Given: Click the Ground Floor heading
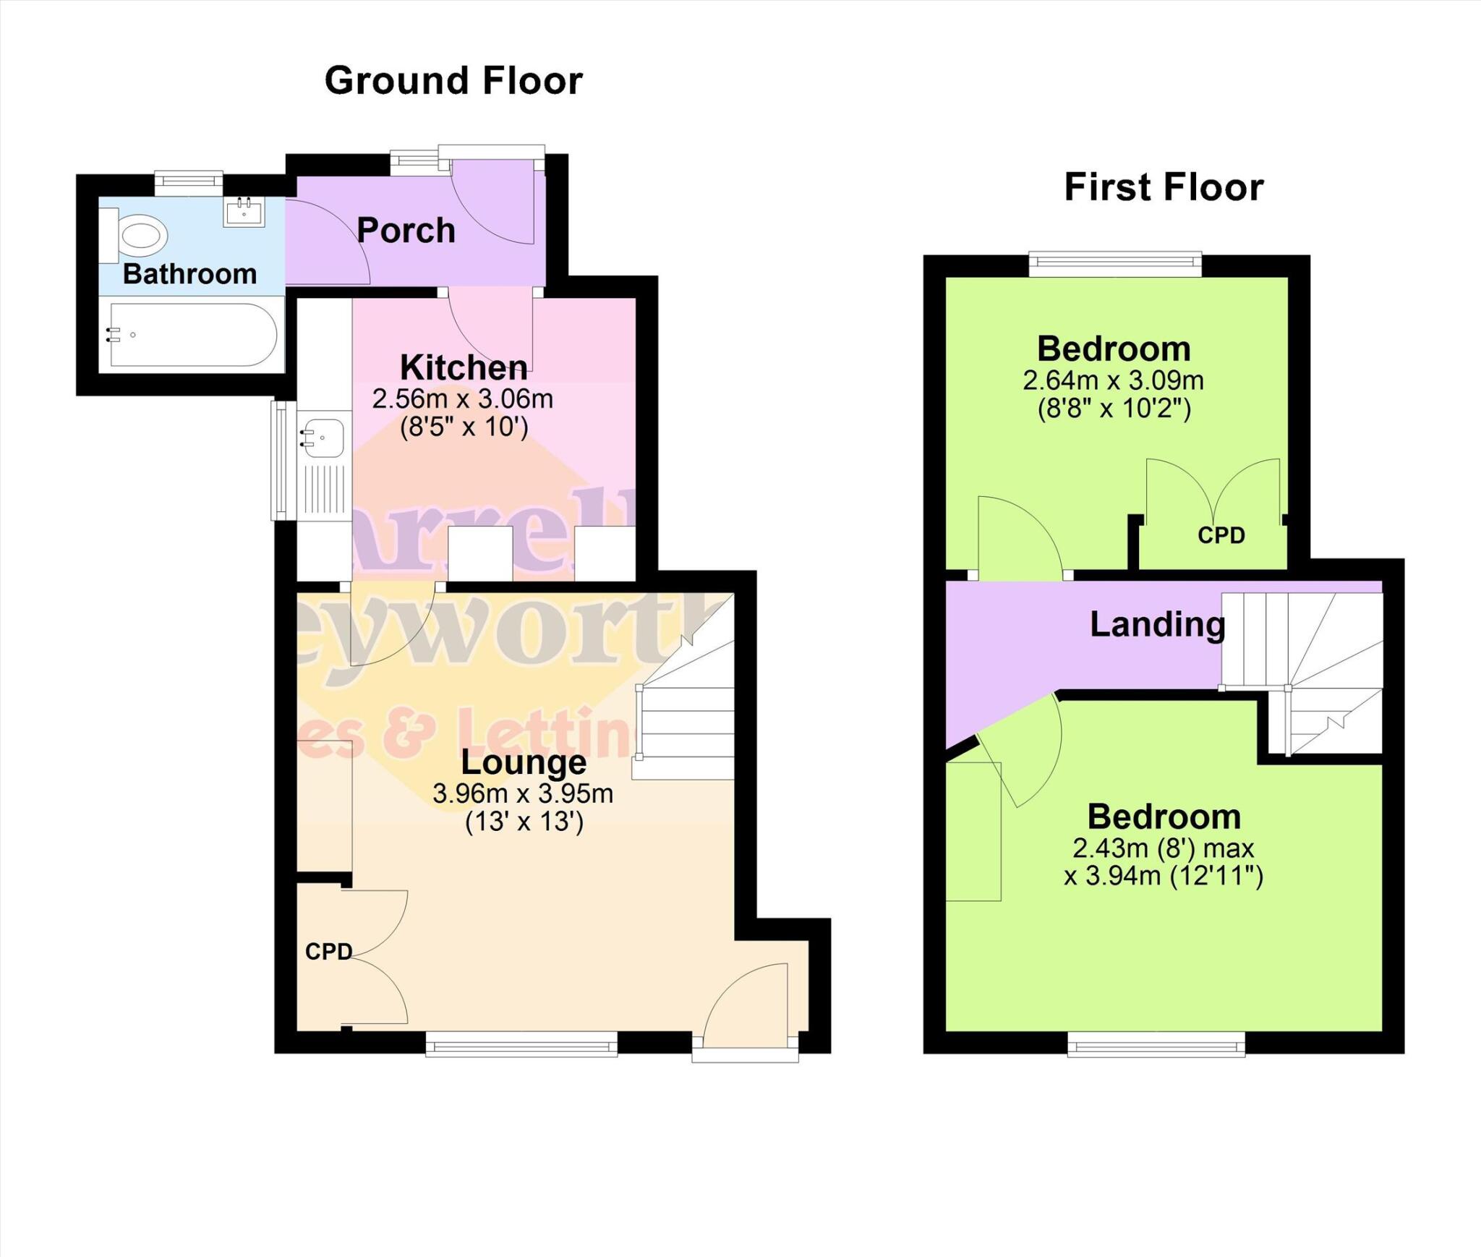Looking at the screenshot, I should click(x=453, y=80).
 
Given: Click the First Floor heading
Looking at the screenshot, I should click(x=1164, y=187).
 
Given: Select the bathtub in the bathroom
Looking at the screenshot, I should click(x=192, y=335).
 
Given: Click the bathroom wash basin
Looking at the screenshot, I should click(x=244, y=211).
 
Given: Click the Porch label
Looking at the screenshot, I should click(x=406, y=231).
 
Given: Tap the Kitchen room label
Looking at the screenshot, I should click(x=464, y=367).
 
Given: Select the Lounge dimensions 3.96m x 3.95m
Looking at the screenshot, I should click(x=523, y=794).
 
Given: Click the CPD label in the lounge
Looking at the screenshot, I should click(x=328, y=952).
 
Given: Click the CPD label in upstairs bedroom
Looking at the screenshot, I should click(x=1221, y=535).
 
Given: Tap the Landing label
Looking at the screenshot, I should click(x=1157, y=624).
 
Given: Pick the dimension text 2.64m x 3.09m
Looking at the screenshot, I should click(x=1113, y=380).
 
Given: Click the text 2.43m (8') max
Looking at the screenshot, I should click(x=1163, y=848).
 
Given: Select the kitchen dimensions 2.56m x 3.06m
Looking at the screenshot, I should click(x=463, y=399).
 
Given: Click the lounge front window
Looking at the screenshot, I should click(x=521, y=1044).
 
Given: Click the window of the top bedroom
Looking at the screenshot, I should click(x=1114, y=264).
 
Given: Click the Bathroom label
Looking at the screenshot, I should click(x=189, y=274).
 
